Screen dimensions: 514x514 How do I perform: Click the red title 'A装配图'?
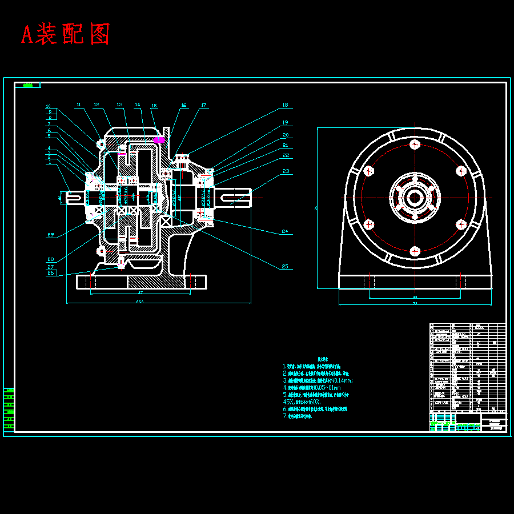[65, 35]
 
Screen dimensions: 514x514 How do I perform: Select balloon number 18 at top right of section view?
[285, 105]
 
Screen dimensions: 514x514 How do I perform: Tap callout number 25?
[285, 266]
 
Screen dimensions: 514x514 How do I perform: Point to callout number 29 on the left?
[51, 235]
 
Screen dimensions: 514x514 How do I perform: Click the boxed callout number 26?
[51, 273]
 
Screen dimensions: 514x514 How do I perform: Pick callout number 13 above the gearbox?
[119, 105]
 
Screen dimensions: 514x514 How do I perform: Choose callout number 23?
[285, 171]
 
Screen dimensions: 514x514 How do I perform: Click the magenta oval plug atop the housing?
[159, 139]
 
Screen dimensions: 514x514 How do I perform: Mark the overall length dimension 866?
[139, 302]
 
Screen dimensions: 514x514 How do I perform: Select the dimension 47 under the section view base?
[140, 291]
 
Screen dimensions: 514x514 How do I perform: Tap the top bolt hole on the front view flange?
[415, 143]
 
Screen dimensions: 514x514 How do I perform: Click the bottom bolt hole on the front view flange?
[415, 250]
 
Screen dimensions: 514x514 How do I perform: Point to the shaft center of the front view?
[415, 197]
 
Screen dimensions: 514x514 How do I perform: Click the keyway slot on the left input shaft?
[75, 198]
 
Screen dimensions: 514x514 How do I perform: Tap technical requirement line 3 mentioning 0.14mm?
[318, 380]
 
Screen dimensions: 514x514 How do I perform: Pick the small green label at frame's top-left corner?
[27, 86]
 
